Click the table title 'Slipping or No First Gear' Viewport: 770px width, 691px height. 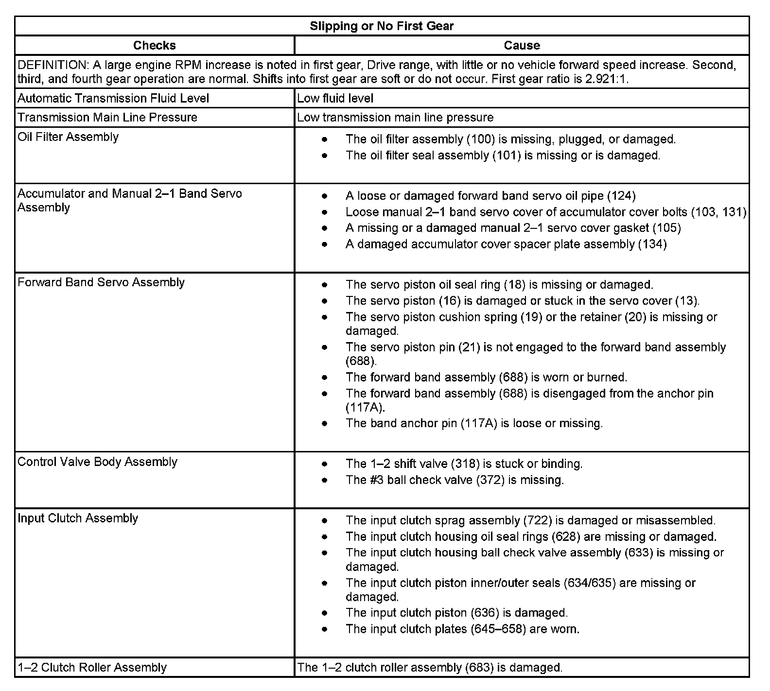click(x=382, y=26)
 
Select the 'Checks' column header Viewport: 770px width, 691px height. click(x=154, y=45)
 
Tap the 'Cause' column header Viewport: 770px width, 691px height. click(x=522, y=45)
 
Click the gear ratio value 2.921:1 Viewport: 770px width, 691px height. click(x=607, y=79)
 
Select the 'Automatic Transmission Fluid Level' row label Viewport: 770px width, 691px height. click(x=113, y=98)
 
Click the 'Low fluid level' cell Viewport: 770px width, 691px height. click(x=335, y=98)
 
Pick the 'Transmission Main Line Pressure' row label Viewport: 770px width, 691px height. click(x=107, y=117)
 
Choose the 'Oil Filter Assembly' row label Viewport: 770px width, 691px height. click(x=68, y=137)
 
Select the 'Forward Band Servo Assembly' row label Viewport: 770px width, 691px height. click(x=101, y=282)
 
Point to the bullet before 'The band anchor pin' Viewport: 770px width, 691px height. click(x=325, y=423)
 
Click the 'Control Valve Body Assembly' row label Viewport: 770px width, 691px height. click(x=97, y=462)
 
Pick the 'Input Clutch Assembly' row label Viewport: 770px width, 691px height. click(x=78, y=518)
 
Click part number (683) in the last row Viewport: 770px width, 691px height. click(x=479, y=667)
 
